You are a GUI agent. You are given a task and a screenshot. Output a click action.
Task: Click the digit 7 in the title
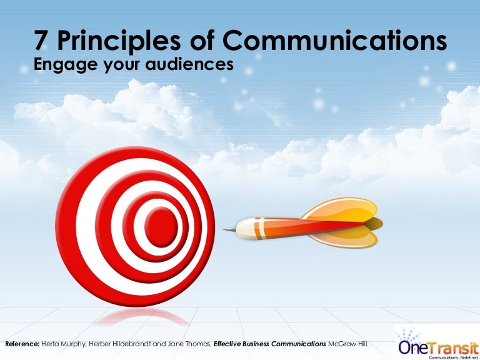tap(41, 41)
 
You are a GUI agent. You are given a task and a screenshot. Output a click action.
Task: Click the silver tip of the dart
tap(229, 228)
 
